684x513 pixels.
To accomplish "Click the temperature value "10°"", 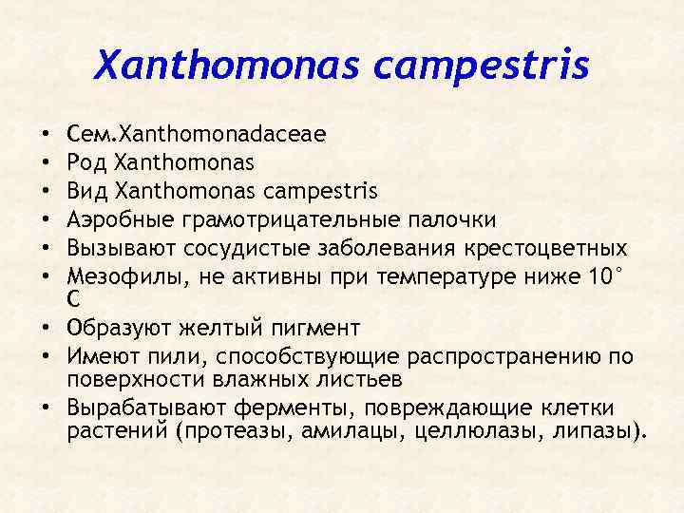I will (x=606, y=276).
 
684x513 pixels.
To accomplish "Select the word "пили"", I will (x=185, y=357).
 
